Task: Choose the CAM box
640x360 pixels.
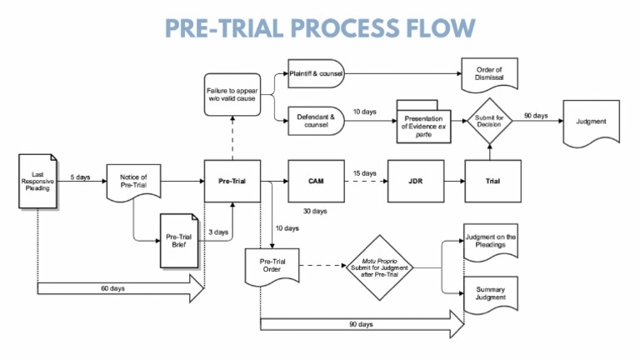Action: [315, 179]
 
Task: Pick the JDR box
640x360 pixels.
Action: [414, 179]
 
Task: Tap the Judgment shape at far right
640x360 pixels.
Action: [592, 122]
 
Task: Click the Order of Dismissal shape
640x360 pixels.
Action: [490, 73]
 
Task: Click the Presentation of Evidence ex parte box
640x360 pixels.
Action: [423, 127]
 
